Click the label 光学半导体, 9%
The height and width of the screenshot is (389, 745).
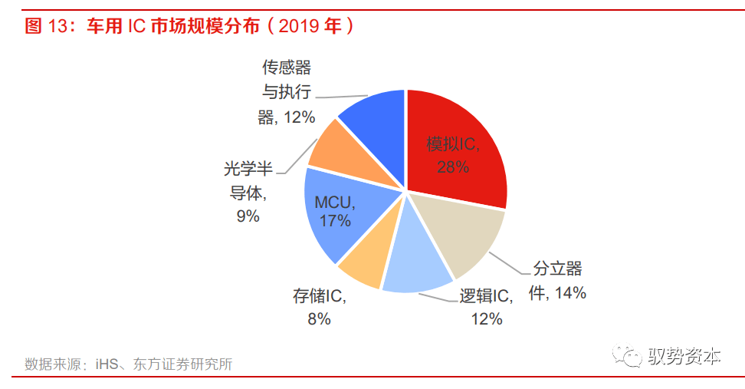coord(248,193)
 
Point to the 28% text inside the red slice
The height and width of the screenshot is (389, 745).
coord(453,166)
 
